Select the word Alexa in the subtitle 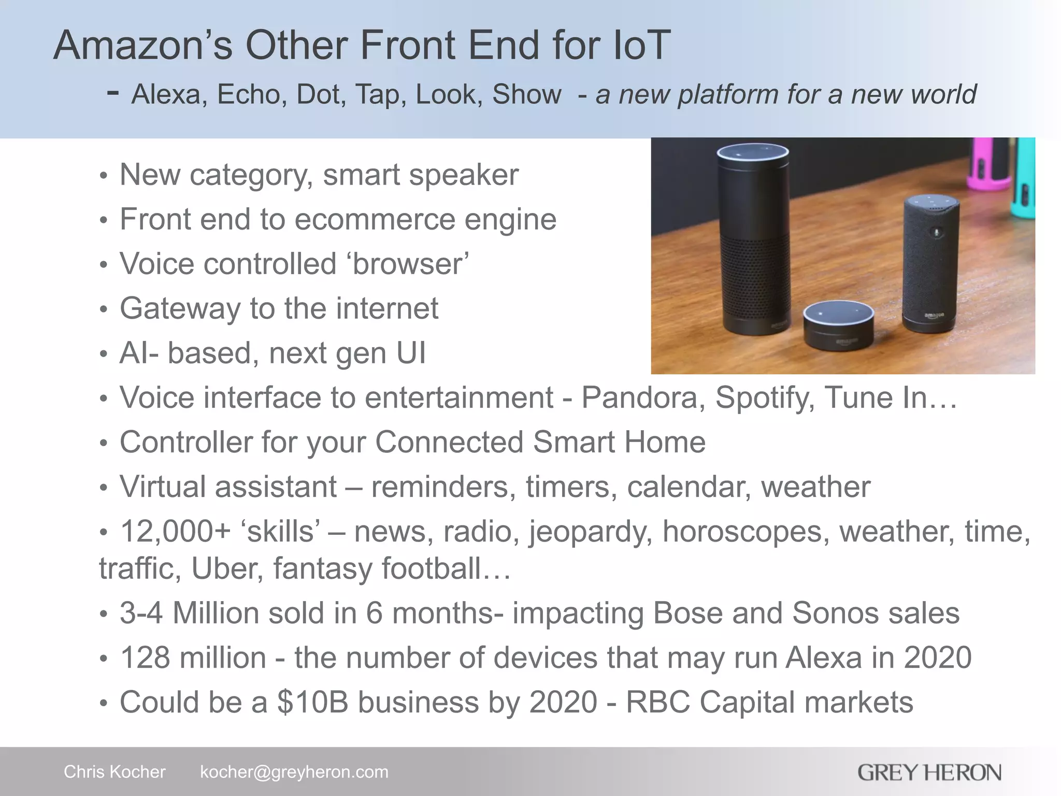pyautogui.click(x=166, y=94)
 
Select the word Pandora pyautogui.click(x=639, y=398)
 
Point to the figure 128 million pyautogui.click(x=193, y=658)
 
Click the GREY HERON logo pyautogui.click(x=929, y=773)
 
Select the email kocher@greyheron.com pyautogui.click(x=294, y=772)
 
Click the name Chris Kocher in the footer pyautogui.click(x=114, y=772)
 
